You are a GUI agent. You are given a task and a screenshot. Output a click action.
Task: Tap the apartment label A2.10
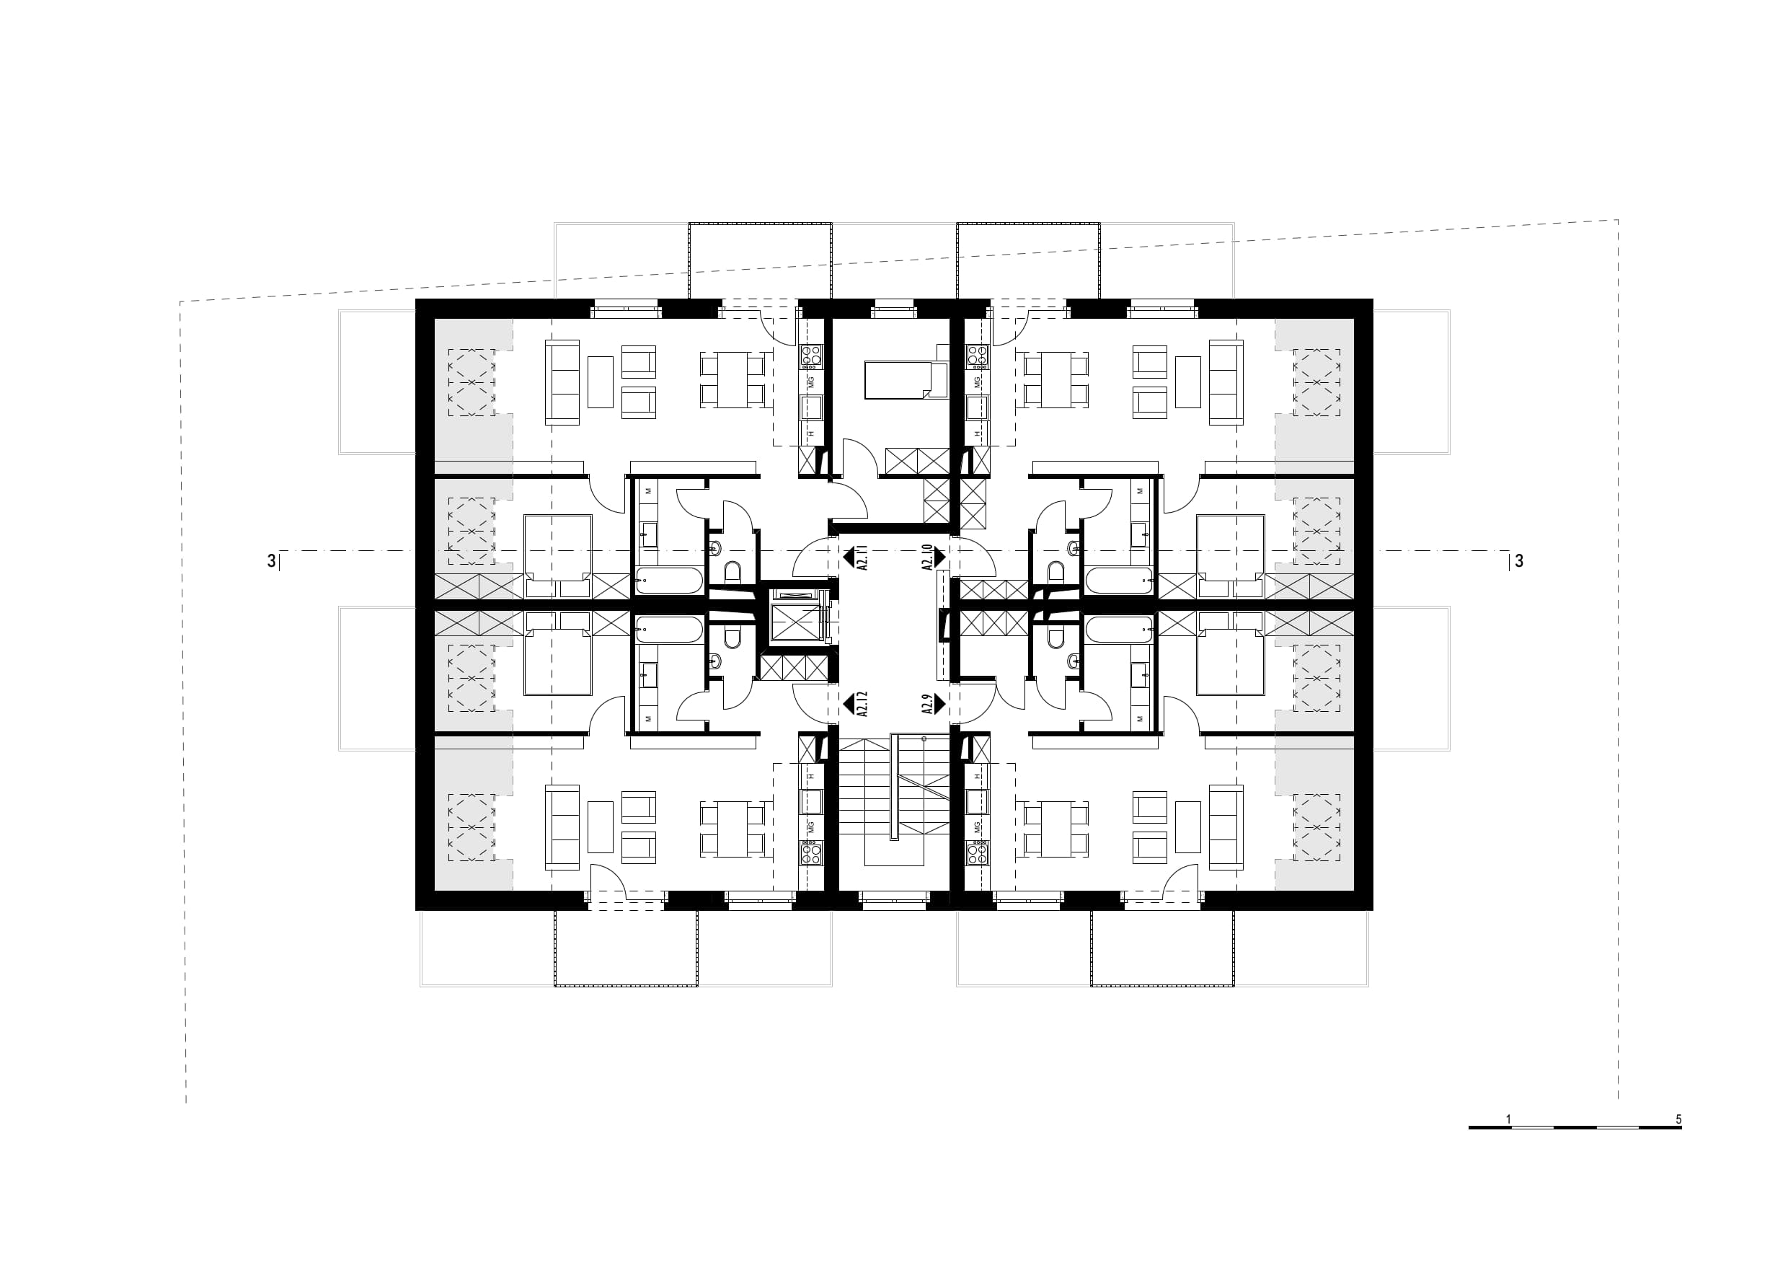point(926,557)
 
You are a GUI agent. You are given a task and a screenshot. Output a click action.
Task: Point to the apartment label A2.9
point(926,704)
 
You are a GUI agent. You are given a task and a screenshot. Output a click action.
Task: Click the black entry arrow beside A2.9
point(940,704)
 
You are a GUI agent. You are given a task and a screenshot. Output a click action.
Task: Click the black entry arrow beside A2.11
point(849,557)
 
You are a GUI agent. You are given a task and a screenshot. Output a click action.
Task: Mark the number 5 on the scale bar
point(1679,1119)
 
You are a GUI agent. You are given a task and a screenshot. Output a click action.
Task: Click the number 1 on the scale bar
point(1508,1119)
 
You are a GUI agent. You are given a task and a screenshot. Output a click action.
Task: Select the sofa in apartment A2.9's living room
point(1226,827)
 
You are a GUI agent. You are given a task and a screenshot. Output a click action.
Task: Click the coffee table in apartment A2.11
point(601,382)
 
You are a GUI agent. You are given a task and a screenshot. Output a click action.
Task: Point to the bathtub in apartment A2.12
point(670,630)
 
